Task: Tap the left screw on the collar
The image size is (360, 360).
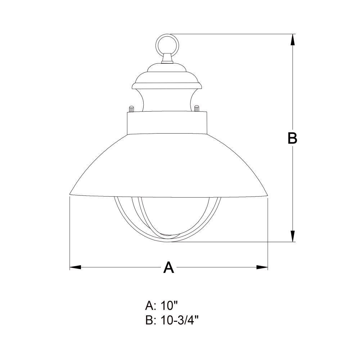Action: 131,109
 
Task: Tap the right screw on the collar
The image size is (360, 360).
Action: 197,108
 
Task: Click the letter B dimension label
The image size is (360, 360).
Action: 292,138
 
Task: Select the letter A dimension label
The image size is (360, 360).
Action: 168,267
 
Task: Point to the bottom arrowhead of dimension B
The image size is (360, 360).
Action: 292,236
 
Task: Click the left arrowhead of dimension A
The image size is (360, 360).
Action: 75,267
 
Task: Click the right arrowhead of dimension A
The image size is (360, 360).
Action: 262,267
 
